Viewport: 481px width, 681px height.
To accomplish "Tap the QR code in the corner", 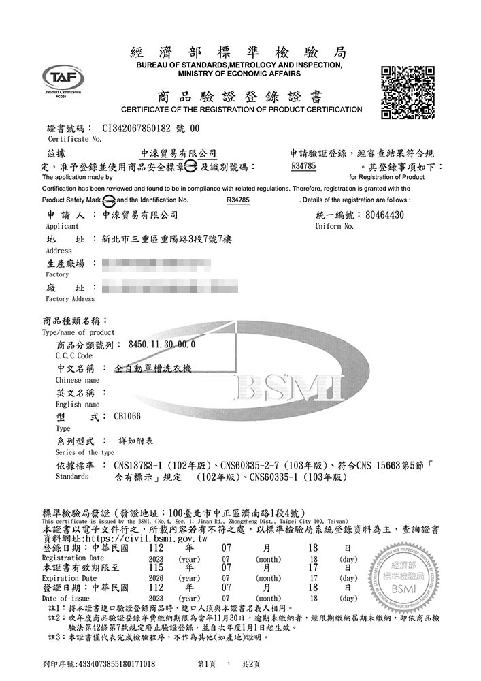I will coord(408,92).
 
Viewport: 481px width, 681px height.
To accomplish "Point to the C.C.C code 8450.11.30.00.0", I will coord(162,345).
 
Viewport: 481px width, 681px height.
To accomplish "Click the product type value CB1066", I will coord(127,416).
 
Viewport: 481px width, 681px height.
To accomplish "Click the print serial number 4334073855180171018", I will coord(117,663).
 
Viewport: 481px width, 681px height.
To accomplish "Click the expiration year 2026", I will coord(155,577).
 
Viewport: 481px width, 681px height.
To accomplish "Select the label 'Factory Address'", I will coord(70,299).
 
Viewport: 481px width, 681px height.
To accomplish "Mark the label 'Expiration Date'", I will coord(69,577).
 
